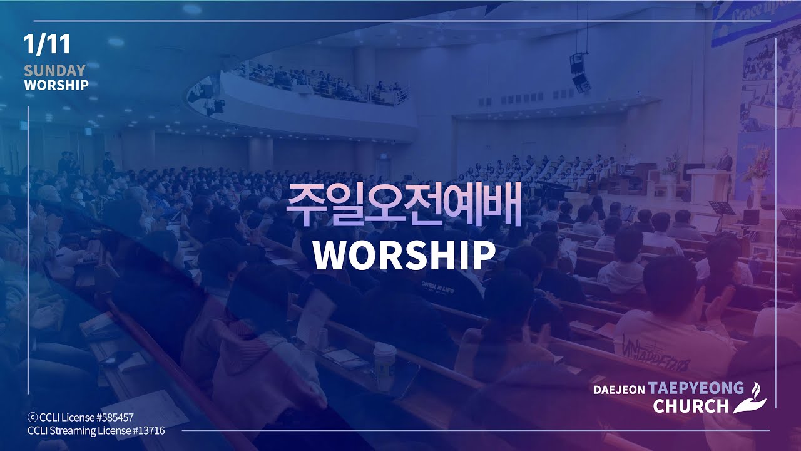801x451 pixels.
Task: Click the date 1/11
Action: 47,44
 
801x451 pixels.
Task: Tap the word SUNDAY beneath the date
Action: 54,70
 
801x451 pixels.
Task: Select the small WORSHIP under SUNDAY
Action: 56,85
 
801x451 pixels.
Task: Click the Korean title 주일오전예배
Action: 404,205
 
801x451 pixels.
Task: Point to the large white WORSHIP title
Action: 404,254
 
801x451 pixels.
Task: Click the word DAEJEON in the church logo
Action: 619,389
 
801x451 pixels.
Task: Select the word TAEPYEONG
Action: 696,388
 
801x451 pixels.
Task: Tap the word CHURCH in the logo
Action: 691,406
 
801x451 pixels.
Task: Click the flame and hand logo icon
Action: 750,398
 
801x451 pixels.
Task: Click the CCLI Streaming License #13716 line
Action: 96,430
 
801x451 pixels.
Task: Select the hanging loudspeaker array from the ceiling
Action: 580,72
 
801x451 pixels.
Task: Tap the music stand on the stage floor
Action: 722,209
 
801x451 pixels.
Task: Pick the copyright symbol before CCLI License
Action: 32,417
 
